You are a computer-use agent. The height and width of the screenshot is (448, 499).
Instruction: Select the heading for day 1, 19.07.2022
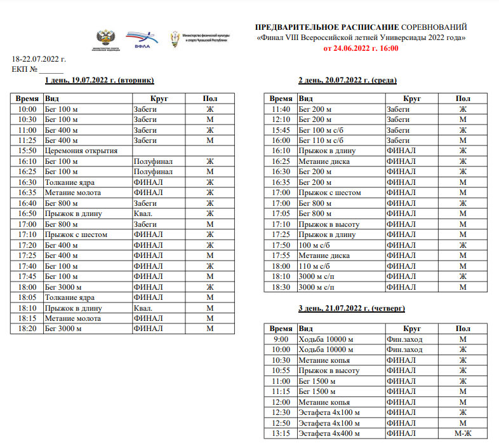click(x=100, y=81)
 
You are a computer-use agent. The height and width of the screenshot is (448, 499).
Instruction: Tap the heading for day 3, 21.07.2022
click(x=352, y=308)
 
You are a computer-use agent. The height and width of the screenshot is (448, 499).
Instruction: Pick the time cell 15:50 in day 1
click(x=27, y=151)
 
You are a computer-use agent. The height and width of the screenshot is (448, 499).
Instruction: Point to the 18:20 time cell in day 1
click(x=27, y=329)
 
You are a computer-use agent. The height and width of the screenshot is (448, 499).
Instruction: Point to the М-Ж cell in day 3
click(x=463, y=433)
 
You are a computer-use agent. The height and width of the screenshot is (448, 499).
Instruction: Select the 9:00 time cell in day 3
click(x=280, y=339)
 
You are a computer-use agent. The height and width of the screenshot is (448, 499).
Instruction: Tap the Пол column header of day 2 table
click(x=463, y=98)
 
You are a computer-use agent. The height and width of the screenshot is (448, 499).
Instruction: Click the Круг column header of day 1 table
click(x=159, y=98)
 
